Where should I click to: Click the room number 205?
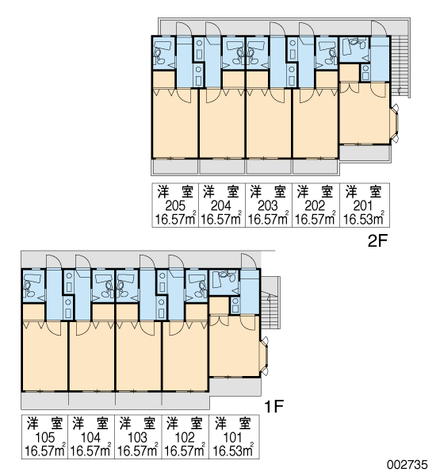coord(175,205)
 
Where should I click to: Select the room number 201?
coord(362,205)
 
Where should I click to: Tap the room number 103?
coord(137,437)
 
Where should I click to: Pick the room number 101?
coord(232,437)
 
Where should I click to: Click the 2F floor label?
coord(377,241)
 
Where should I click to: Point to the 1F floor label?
coord(273,406)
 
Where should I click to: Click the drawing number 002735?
coord(407,465)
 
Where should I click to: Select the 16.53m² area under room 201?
coord(364,219)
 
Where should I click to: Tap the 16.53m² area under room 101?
coord(233,451)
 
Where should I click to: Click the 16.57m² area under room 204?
coord(221,219)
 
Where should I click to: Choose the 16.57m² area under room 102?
coord(185,451)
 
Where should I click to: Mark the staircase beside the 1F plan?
coord(270,303)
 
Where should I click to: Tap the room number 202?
coord(315,205)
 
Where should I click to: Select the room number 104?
coord(90,437)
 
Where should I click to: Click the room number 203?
coord(268,205)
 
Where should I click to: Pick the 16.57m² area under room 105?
coord(45,451)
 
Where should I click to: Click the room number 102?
coord(185,437)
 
